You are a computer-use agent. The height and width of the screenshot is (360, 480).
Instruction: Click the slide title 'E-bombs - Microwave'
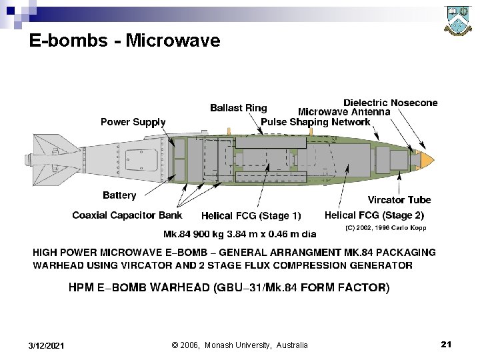click(x=125, y=41)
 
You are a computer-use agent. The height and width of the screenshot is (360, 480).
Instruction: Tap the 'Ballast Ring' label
click(x=238, y=108)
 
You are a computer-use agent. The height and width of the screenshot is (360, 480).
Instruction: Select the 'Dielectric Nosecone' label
click(x=391, y=103)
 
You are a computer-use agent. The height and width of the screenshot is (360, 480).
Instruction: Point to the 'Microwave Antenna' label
click(x=344, y=112)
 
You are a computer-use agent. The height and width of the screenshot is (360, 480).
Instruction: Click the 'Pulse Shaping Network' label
click(x=315, y=122)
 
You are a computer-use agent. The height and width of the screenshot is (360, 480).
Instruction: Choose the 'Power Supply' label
click(x=133, y=122)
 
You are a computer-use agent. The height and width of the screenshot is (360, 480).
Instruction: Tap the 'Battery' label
click(x=119, y=195)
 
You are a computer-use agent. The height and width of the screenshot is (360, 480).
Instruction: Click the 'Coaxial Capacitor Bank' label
click(x=127, y=215)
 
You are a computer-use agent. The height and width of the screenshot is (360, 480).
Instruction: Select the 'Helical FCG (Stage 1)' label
click(x=251, y=216)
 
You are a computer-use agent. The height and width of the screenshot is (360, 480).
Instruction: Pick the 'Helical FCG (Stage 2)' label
click(x=374, y=215)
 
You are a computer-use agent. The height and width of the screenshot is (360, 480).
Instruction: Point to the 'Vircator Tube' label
click(x=399, y=199)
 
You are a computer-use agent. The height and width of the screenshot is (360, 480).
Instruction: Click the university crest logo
click(x=459, y=22)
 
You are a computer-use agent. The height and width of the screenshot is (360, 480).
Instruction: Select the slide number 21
click(x=446, y=344)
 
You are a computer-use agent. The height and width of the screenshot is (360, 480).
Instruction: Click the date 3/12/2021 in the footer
click(x=47, y=345)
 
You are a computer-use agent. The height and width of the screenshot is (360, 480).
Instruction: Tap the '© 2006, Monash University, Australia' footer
click(x=240, y=345)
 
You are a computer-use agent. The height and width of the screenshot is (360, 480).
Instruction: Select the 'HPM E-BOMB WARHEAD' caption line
click(x=229, y=288)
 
